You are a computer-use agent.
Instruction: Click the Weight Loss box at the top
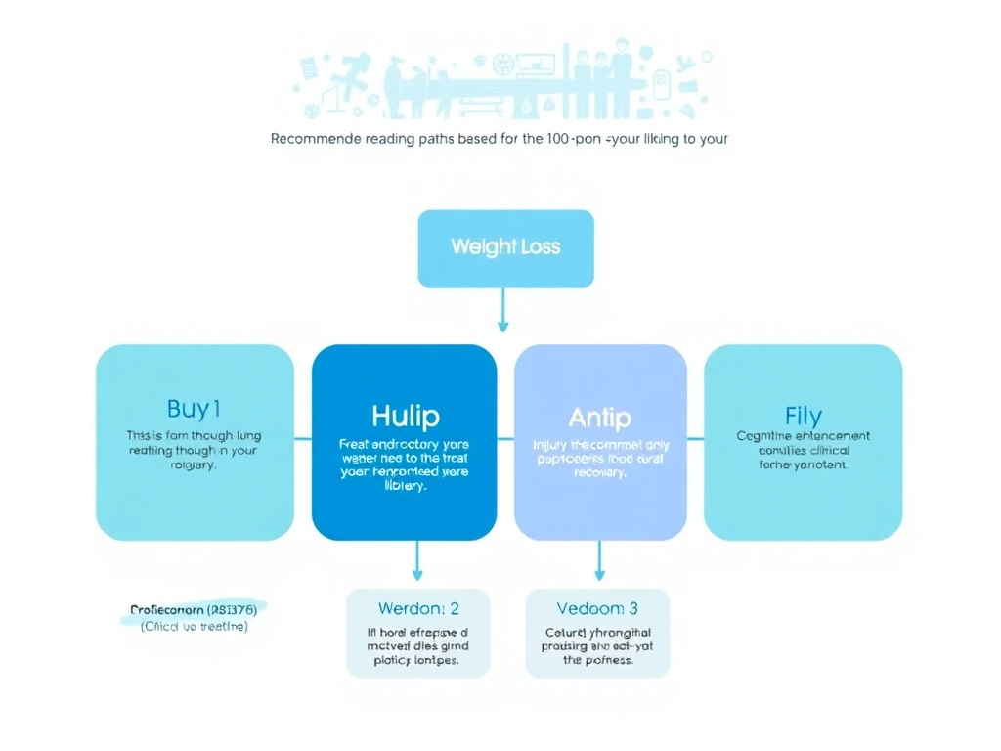tap(505, 248)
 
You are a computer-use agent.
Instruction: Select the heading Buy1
tap(194, 409)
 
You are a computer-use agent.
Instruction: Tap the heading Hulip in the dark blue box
tap(404, 416)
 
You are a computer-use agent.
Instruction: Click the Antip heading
tap(599, 418)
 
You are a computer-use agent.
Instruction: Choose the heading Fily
tap(803, 416)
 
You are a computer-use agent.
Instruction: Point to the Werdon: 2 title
tap(417, 608)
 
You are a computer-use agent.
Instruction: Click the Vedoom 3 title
tap(597, 608)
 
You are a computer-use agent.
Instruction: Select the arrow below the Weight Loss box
tap(503, 313)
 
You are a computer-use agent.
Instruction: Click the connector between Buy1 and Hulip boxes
tap(302, 439)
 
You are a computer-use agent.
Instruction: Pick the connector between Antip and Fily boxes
tap(694, 439)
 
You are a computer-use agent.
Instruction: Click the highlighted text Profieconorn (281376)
tap(194, 609)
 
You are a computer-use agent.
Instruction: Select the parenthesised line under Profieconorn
tap(194, 626)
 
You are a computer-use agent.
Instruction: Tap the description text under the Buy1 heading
tap(194, 450)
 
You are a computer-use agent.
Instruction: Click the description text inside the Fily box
tap(803, 451)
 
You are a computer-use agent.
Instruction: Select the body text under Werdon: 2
tap(417, 645)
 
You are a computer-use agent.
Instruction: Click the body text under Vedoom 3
tap(597, 645)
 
